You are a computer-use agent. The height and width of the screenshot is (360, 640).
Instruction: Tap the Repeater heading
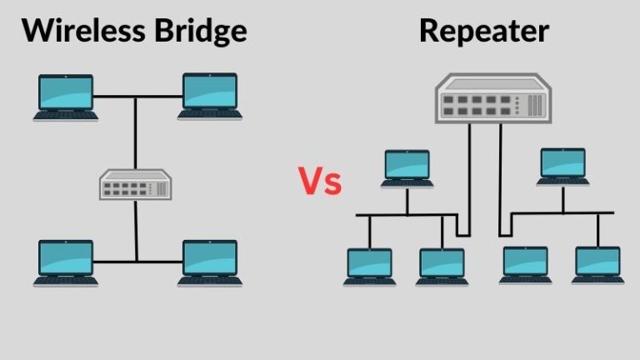pos(484,32)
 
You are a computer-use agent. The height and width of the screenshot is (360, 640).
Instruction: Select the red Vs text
pos(320,181)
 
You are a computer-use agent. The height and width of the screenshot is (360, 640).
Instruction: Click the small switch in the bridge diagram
pos(135,184)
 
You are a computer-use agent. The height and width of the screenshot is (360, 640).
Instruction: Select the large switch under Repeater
pos(490,98)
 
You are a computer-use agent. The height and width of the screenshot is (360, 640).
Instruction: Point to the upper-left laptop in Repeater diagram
pos(407,167)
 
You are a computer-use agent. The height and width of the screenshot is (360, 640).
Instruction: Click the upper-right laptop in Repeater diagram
pos(563,167)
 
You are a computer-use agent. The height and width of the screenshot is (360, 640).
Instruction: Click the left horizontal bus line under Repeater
pos(400,216)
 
